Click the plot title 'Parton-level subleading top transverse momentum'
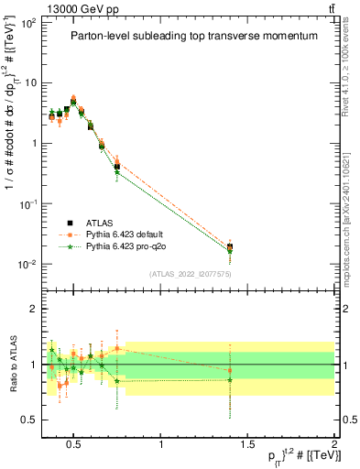pos(193,36)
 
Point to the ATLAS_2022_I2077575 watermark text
pos(190,274)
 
